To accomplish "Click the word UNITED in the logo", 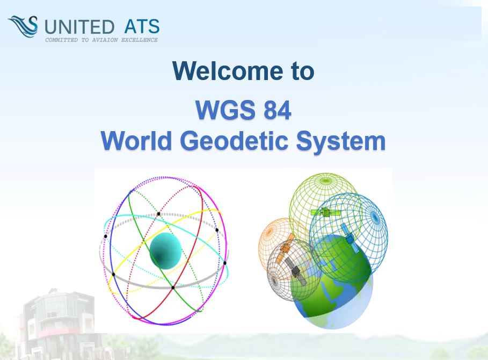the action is click(x=79, y=26).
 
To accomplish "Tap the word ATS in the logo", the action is click(x=142, y=26).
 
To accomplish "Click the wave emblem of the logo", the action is click(x=23, y=26).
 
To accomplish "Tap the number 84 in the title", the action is click(x=278, y=110).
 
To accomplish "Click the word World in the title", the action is click(x=136, y=141).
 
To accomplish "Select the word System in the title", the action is click(x=341, y=142).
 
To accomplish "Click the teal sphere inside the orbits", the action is click(x=165, y=251).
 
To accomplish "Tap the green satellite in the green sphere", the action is click(x=325, y=212).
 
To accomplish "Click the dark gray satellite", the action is click(x=295, y=270).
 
